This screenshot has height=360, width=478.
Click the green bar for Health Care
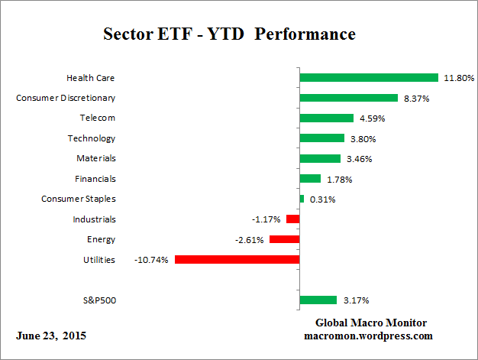[x=369, y=77]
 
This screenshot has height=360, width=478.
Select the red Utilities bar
[x=237, y=259]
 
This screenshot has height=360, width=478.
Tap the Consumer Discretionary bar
[x=349, y=98]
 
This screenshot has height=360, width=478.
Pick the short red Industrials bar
[x=293, y=219]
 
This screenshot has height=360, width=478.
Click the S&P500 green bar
[x=318, y=300]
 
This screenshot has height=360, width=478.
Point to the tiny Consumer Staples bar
[x=302, y=199]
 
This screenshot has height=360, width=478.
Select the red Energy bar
[x=284, y=239]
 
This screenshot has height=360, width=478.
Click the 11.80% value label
[x=460, y=78]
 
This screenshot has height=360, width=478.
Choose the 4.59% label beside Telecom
[x=371, y=118]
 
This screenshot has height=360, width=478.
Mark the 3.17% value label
[x=354, y=300]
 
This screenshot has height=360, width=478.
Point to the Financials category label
[x=96, y=179]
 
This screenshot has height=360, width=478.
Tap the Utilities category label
[x=99, y=260]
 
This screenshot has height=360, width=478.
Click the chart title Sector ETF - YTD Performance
[x=229, y=35]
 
